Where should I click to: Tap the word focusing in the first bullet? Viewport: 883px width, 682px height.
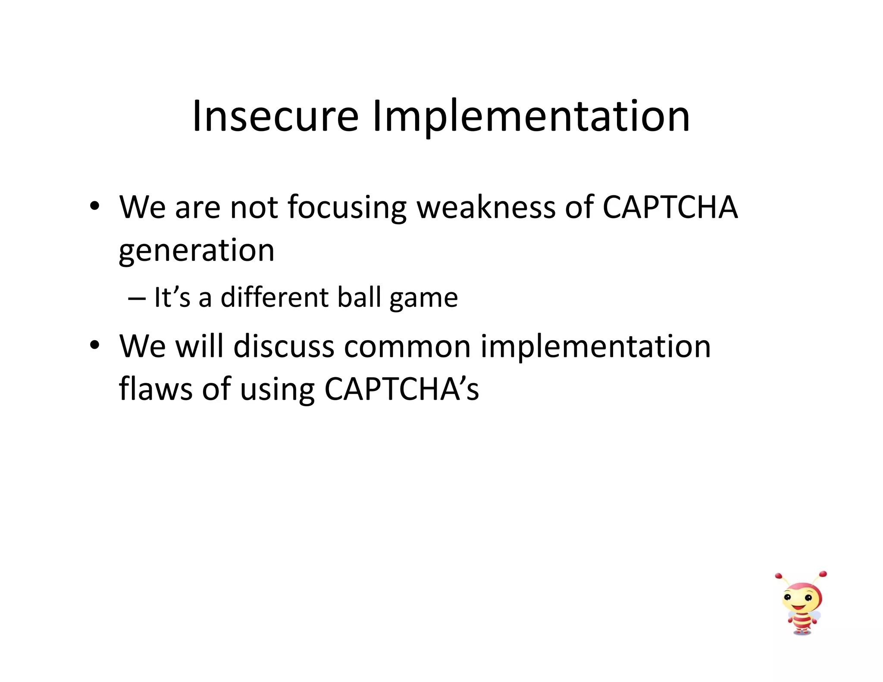[x=347, y=208]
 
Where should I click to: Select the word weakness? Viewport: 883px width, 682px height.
[x=486, y=207]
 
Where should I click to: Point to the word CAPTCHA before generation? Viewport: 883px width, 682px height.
[x=670, y=207]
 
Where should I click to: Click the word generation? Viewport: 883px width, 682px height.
[x=197, y=251]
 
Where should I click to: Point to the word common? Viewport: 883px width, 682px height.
[x=407, y=347]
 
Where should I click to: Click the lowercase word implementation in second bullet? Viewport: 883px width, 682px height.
[x=595, y=347]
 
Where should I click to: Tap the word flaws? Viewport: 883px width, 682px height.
[x=156, y=389]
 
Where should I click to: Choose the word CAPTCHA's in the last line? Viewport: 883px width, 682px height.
[x=401, y=389]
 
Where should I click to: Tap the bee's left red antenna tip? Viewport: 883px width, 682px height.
[x=778, y=576]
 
